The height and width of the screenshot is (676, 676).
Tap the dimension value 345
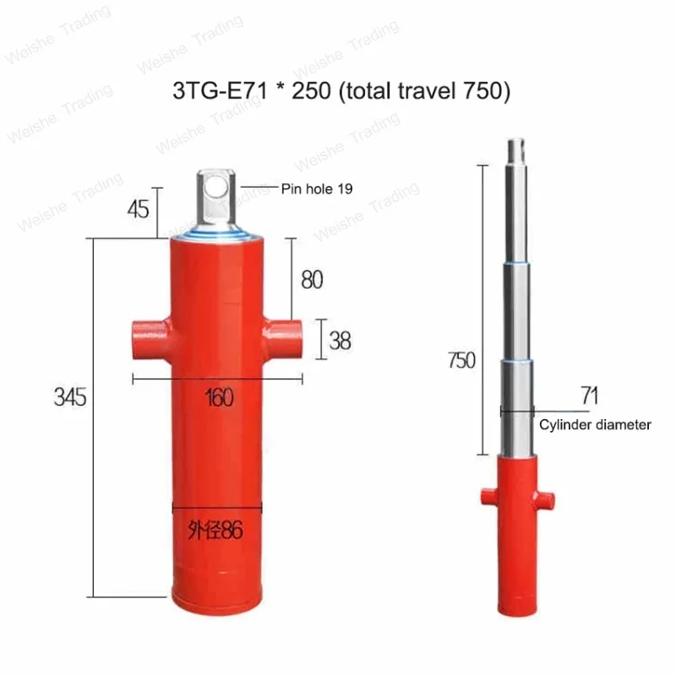point(69,396)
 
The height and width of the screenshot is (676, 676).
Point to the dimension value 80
point(312,279)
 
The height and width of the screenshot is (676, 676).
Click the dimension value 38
point(340,341)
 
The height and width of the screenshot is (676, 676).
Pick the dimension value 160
point(219,396)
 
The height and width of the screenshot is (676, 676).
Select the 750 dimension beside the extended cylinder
point(461,360)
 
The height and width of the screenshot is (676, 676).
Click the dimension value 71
point(590,394)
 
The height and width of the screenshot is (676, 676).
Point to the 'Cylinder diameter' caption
point(595,424)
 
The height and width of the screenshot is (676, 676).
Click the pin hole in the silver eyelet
point(218,185)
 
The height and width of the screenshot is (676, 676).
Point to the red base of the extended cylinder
point(517,541)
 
